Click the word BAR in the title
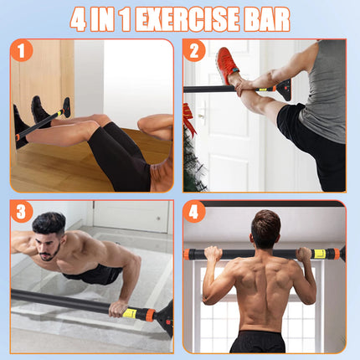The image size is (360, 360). [266, 18]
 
